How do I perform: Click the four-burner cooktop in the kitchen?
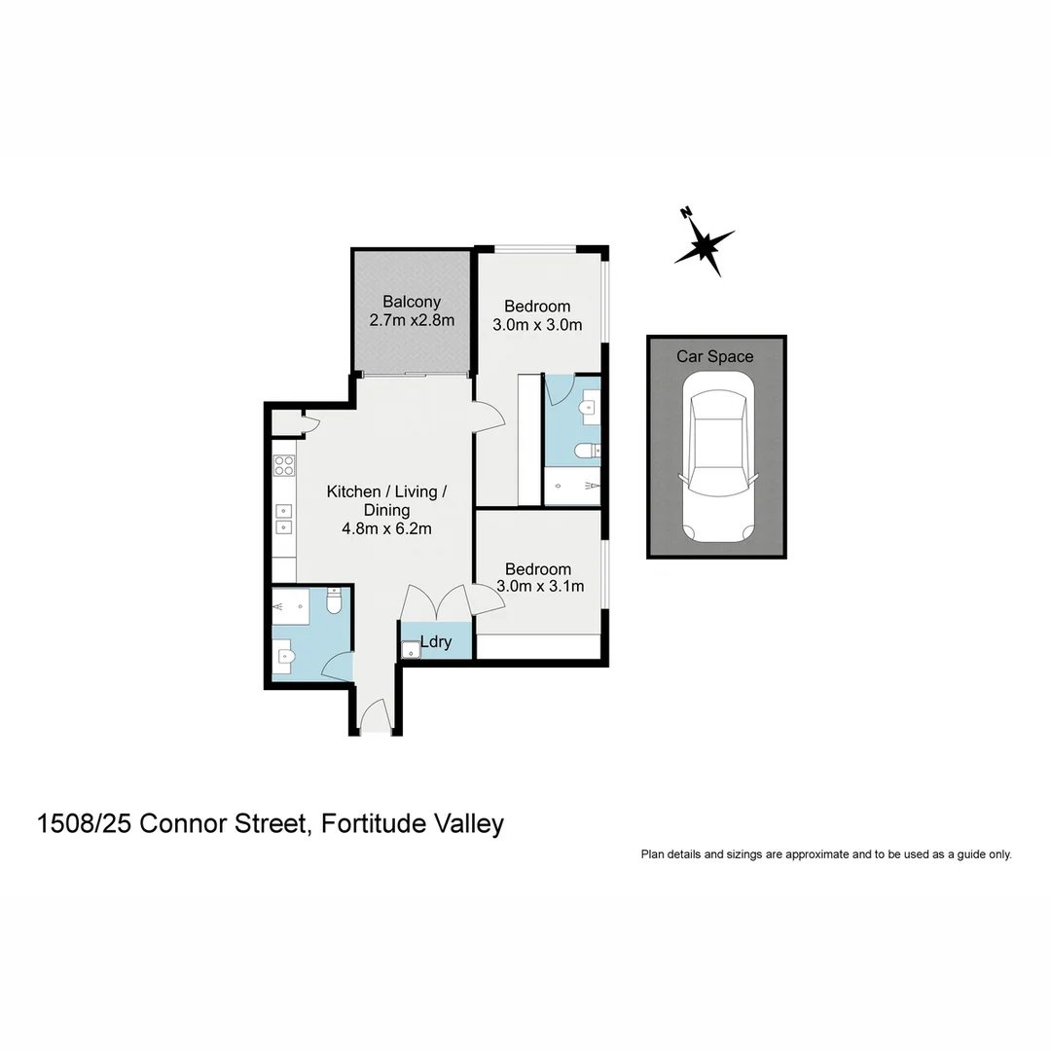tap(284, 465)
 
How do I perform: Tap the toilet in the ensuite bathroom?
tap(585, 450)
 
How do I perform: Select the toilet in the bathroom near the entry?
tap(335, 601)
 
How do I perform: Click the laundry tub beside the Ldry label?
tap(411, 648)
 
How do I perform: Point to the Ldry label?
tap(436, 643)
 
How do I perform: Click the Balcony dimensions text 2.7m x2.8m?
tap(412, 320)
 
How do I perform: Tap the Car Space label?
tap(715, 356)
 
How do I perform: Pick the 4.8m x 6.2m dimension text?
tap(386, 528)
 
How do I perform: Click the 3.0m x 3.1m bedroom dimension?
tap(540, 586)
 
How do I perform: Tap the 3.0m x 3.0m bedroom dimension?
tap(538, 325)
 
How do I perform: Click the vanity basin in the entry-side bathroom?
tap(283, 656)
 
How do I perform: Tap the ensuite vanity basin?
tap(588, 408)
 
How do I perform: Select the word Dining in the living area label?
tap(386, 510)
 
